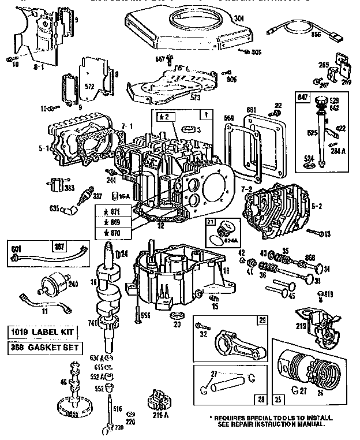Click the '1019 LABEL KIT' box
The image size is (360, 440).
(x=44, y=332)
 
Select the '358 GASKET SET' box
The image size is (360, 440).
(x=44, y=348)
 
